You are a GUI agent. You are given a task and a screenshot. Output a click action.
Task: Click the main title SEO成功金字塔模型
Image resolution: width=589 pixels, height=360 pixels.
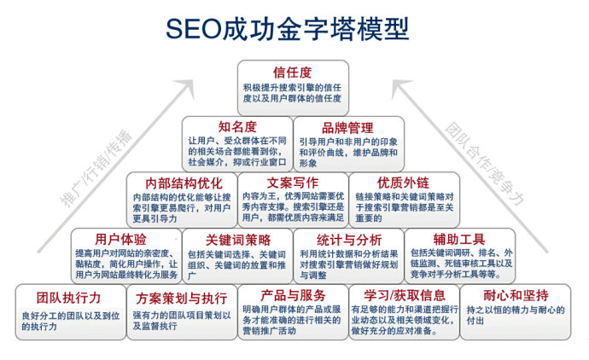coord(288,28)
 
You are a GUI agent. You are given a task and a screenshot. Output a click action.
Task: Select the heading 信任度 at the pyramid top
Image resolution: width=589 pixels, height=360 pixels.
coord(293,72)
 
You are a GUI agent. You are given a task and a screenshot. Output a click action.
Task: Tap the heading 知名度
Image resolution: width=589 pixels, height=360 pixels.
coord(237,127)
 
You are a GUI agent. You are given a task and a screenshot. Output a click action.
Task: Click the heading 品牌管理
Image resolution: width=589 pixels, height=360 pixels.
coord(347,128)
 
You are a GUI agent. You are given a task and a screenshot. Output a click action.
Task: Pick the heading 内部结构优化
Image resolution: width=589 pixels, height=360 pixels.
coord(184,183)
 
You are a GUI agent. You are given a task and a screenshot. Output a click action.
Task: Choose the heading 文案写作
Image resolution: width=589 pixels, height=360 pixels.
coord(293,183)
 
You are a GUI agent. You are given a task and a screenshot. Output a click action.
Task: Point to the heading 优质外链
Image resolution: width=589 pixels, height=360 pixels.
coord(404,183)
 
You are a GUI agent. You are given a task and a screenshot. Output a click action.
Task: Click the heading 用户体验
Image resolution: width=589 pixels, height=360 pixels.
coord(120,239)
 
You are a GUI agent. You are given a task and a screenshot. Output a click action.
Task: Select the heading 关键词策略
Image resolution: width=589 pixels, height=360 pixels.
coord(238,240)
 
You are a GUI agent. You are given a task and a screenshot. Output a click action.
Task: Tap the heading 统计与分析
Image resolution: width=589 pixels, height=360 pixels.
coord(349,240)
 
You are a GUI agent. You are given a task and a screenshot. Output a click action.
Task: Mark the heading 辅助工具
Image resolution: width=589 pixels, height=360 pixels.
coord(459,239)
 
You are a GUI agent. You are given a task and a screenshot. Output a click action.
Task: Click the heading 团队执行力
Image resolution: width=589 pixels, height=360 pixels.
coord(69,298)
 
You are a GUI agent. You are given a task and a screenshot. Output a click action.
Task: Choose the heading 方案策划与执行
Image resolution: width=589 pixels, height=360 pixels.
coord(182,299)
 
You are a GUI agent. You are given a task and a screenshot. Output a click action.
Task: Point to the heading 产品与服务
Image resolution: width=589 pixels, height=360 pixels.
coord(293,295)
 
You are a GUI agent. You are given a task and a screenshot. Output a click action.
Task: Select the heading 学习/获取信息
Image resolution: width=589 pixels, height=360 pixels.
coord(405,295)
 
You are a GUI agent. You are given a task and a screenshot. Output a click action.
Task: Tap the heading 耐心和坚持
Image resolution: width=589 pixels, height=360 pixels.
coord(516,295)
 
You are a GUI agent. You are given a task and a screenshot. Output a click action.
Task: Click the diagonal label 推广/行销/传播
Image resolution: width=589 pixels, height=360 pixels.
coord(96,168)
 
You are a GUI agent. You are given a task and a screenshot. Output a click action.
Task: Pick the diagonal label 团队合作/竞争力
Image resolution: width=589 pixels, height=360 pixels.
coord(485,164)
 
